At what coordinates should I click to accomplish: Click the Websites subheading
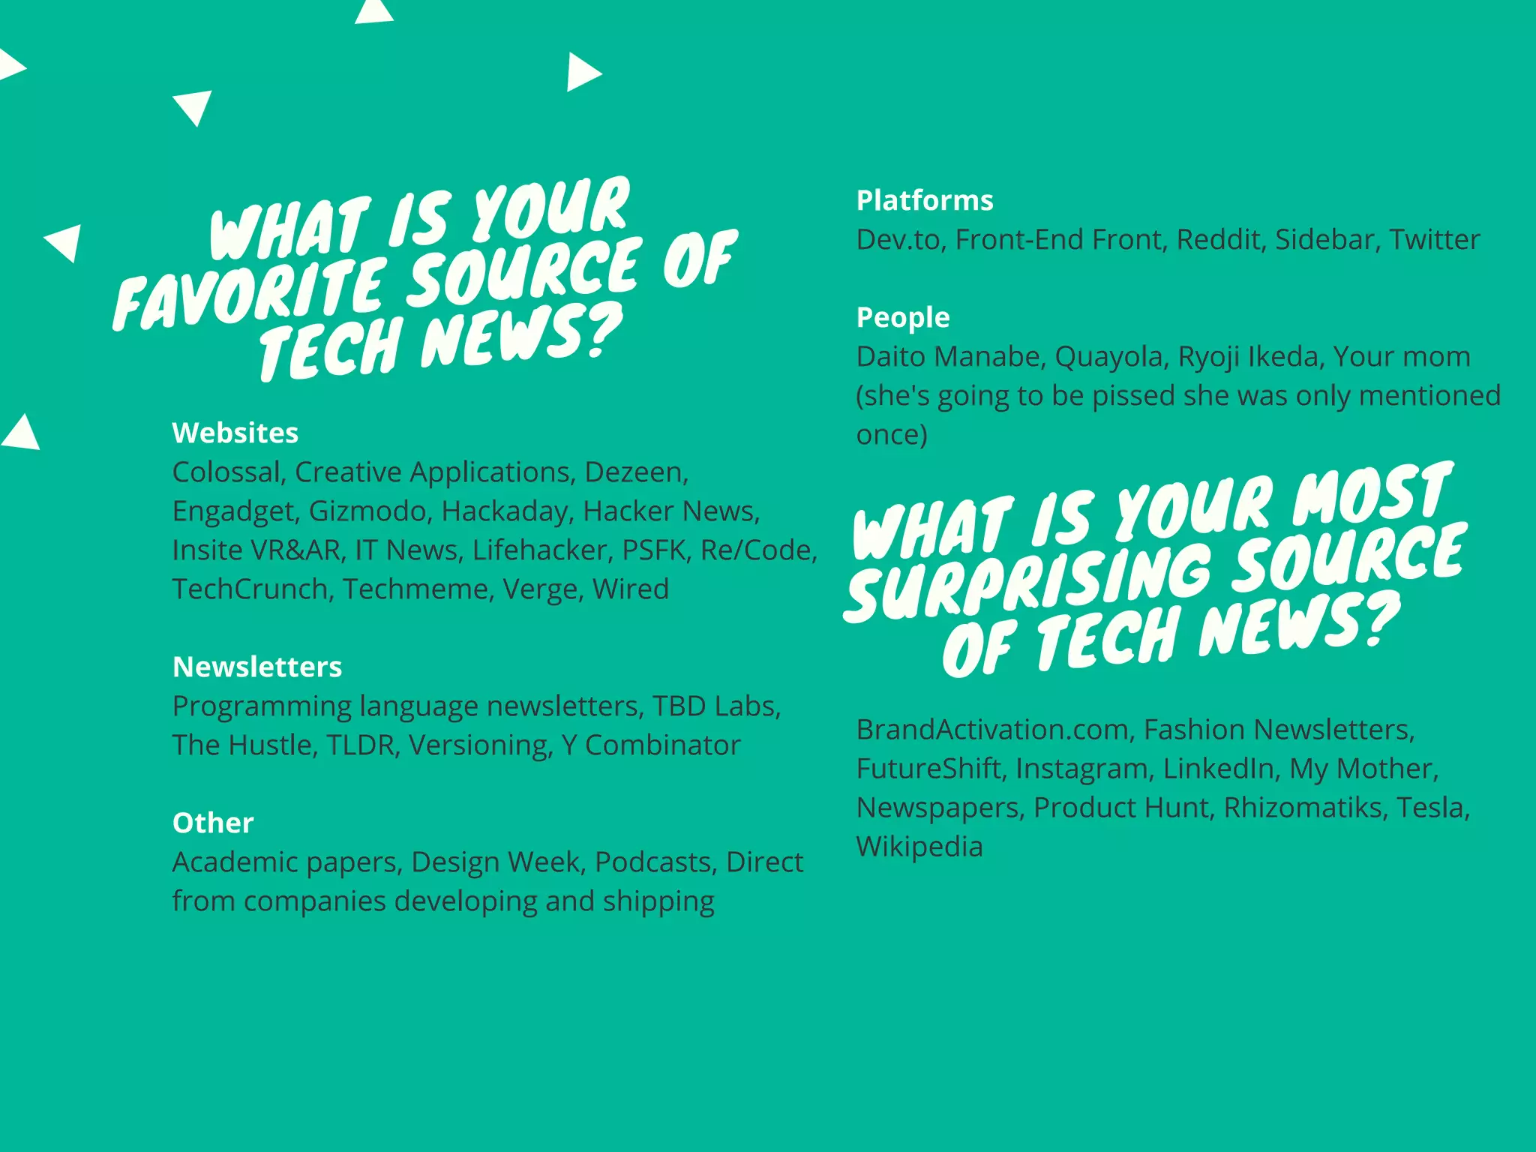[x=235, y=433]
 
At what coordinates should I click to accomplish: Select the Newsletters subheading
[x=256, y=667]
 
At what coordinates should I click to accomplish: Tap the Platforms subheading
[x=924, y=200]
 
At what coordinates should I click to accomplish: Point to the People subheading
[x=902, y=317]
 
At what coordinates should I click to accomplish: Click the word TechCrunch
[x=250, y=589]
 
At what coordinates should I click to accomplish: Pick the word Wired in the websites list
[x=630, y=589]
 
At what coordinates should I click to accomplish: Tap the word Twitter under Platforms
[x=1434, y=239]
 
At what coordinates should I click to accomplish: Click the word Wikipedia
[x=919, y=846]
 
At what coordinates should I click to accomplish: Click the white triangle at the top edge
[x=373, y=12]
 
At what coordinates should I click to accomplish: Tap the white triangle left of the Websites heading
[x=21, y=433]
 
